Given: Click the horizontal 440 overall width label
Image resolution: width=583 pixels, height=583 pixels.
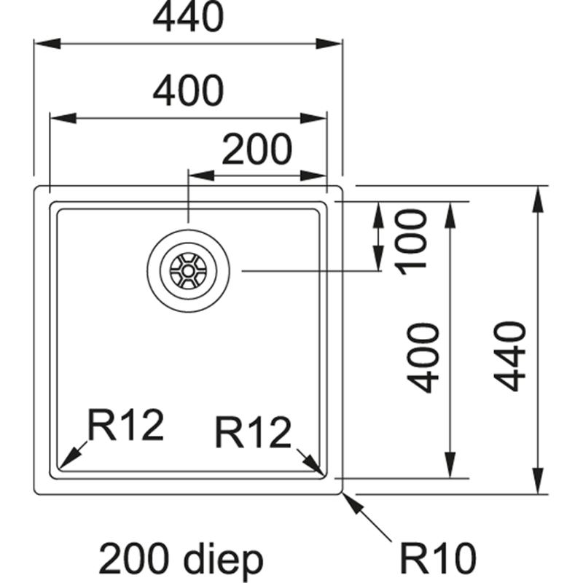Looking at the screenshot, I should (x=188, y=17).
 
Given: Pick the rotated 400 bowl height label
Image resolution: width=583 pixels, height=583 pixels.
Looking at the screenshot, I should (x=423, y=358).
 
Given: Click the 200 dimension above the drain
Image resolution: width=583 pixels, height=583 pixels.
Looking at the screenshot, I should (x=257, y=149).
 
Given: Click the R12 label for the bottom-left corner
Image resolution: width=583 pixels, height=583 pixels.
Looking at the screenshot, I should (x=125, y=426).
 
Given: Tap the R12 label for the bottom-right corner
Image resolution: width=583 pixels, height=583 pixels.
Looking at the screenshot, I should (x=253, y=435).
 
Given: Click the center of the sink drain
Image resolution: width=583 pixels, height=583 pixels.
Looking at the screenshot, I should (x=189, y=270).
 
